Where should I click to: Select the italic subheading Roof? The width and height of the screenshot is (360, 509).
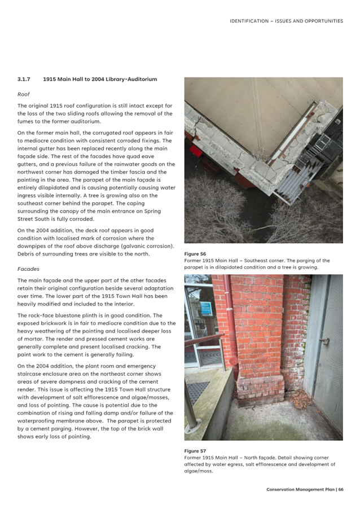pos(23,94)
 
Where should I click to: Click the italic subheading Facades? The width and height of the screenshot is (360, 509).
pos(28,269)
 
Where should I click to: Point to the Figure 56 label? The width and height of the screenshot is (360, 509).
pos(195,254)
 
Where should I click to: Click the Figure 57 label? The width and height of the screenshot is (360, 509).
pos(195,451)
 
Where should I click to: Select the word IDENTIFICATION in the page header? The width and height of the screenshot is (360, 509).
pos(249,21)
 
